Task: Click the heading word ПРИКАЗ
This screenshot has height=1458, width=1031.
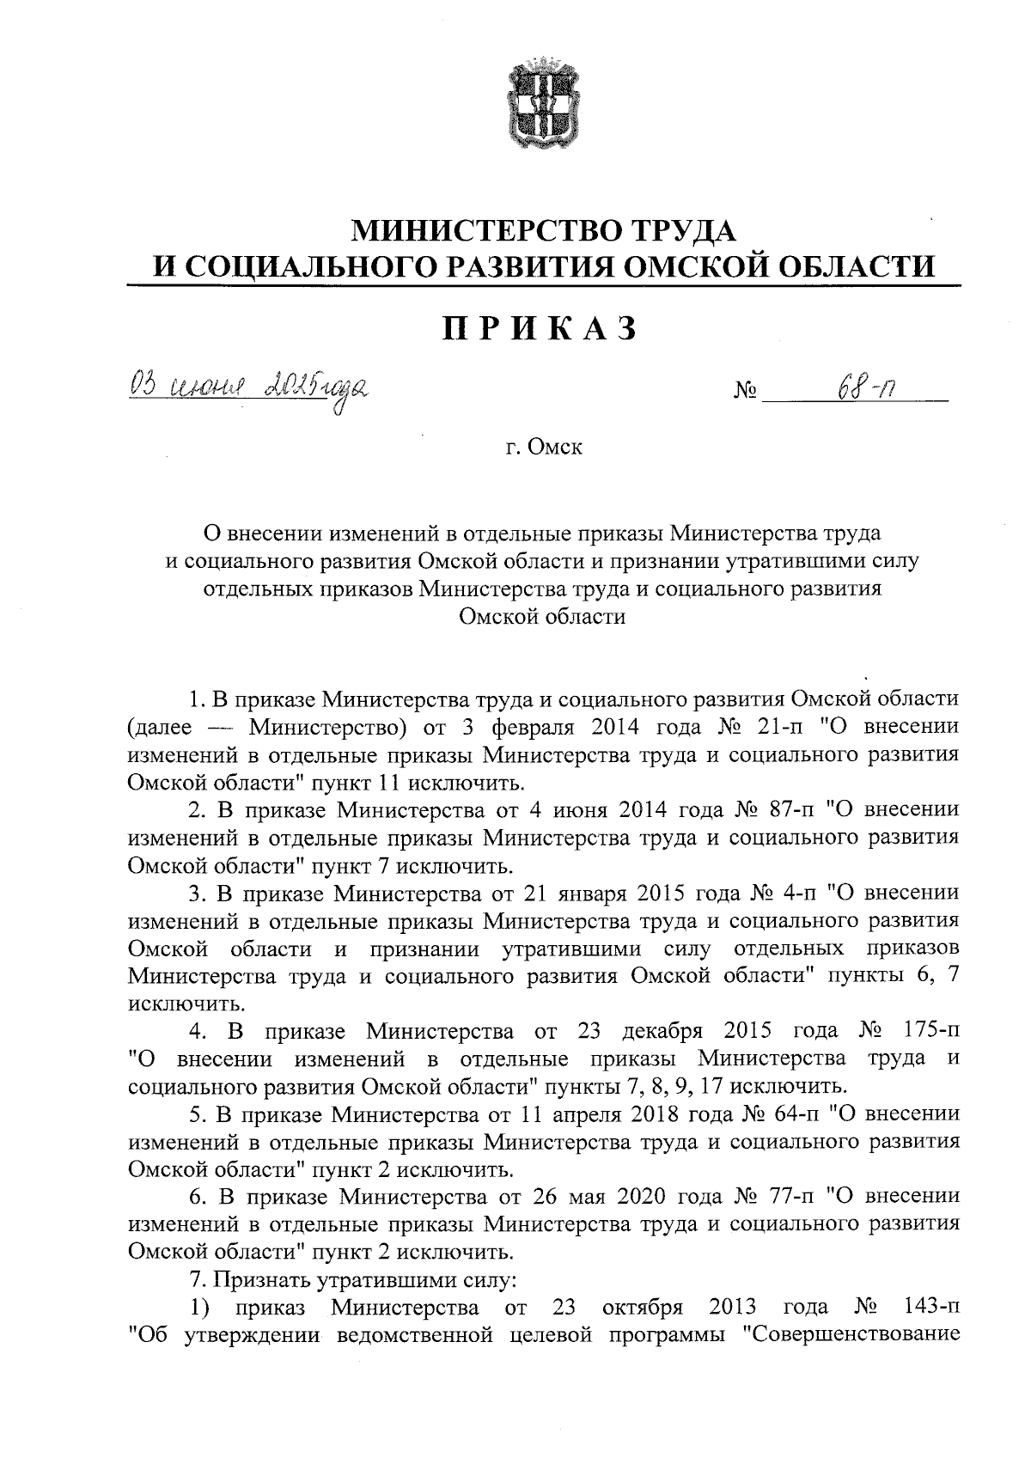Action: (541, 328)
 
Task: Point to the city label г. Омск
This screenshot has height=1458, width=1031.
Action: (543, 448)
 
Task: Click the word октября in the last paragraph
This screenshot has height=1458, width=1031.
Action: (643, 1308)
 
